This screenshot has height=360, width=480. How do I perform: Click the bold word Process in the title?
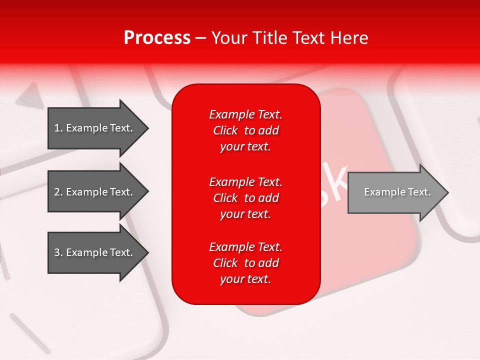coord(157,38)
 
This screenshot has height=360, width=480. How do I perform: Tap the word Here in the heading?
coord(349,38)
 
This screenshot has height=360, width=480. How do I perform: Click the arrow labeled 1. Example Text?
coord(95,128)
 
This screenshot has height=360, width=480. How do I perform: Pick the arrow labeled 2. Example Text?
coord(95,192)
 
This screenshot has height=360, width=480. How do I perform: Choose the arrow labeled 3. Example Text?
coord(95,252)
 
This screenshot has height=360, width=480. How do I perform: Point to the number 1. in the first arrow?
coord(58,128)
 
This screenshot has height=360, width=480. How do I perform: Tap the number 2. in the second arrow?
coord(58,192)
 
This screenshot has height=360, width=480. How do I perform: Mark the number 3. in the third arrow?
coord(58,252)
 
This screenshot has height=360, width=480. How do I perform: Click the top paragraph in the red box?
coord(245,130)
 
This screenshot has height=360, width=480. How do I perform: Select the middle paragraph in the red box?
coord(245,198)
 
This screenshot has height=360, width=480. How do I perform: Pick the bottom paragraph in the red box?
coord(245,263)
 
